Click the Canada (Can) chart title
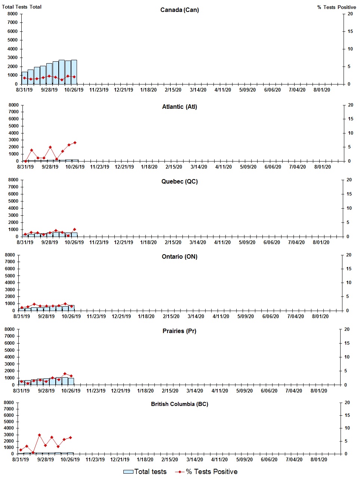179,10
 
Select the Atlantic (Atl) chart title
179,107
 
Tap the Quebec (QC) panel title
179,181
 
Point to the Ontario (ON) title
179,256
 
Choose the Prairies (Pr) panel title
179,331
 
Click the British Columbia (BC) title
179,404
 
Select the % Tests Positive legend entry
206,472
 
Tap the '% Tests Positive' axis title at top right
336,7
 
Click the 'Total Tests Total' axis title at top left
22,7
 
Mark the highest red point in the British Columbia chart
39,435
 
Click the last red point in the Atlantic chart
75,142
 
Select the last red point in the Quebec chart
74,229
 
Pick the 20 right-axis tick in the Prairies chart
347,329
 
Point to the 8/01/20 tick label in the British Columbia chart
319,459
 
